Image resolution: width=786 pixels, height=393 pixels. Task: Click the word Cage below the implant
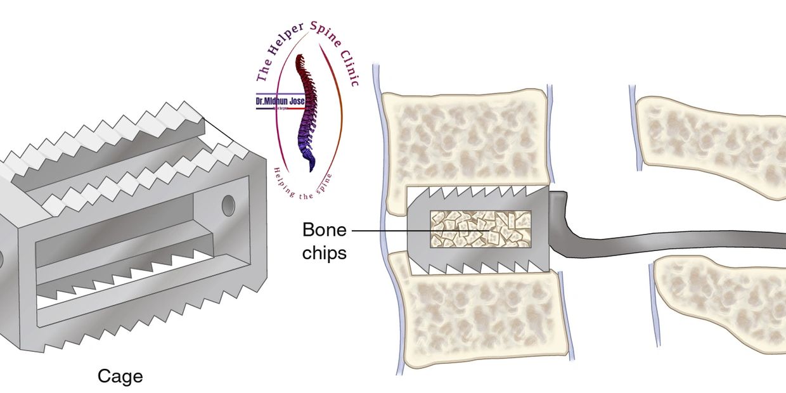point(120,377)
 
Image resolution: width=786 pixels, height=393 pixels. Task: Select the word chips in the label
point(325,252)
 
